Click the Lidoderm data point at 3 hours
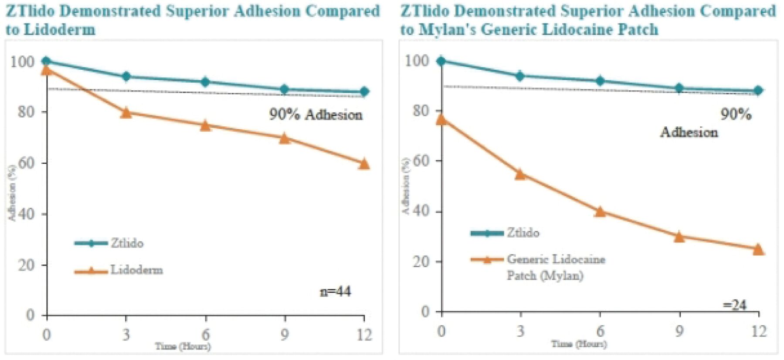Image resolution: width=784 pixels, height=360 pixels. click(x=126, y=112)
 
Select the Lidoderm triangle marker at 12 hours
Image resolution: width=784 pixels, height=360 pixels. click(x=364, y=164)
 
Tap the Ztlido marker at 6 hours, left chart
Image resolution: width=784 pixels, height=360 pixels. click(x=205, y=82)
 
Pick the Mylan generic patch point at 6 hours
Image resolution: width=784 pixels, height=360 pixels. click(x=600, y=212)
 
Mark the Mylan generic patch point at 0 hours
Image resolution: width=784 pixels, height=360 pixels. click(x=441, y=119)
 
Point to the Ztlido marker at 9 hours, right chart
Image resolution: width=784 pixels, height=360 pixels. click(x=679, y=88)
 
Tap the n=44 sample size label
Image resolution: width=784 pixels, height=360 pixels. click(x=335, y=291)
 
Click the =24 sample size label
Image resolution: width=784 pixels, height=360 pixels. click(x=735, y=305)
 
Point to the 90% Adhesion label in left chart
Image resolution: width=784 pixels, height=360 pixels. click(x=316, y=115)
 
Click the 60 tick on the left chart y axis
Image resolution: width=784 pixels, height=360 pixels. click(x=26, y=163)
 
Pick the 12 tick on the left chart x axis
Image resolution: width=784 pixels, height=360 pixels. click(x=364, y=335)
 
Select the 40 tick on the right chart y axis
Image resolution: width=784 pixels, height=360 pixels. click(x=421, y=211)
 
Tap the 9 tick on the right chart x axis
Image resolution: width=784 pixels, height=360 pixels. click(x=679, y=332)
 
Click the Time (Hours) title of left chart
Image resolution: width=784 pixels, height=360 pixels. click(x=183, y=346)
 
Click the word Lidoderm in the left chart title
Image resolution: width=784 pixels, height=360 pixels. click(x=59, y=30)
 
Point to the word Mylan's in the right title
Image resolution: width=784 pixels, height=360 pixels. click(x=447, y=30)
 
